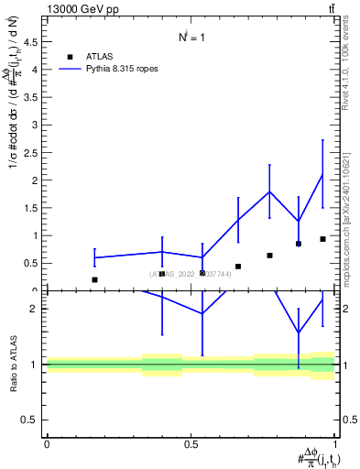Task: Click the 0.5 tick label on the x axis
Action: tap(191, 444)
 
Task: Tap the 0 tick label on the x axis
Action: tap(47, 444)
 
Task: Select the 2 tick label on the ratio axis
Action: tap(34, 309)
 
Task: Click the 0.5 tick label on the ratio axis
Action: tap(29, 420)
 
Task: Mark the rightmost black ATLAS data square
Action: tap(322, 239)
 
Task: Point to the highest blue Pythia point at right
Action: tap(322, 174)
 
